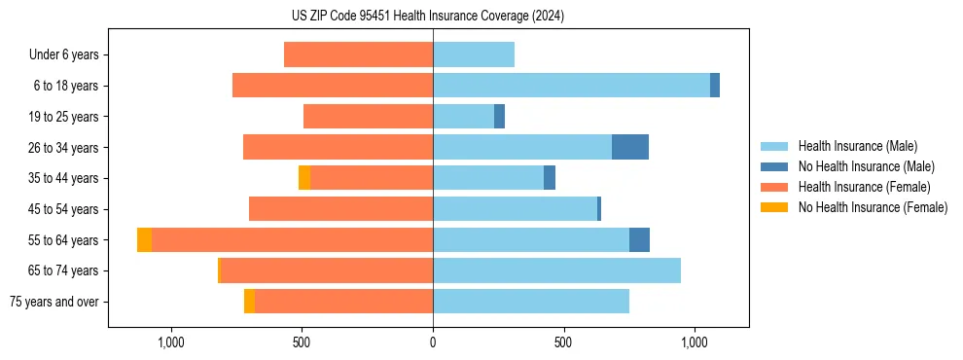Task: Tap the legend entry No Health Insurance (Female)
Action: (873, 207)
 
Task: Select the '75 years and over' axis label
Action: (54, 302)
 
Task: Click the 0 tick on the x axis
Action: (433, 343)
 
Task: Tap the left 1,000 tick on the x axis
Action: (170, 343)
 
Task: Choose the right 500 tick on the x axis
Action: (563, 343)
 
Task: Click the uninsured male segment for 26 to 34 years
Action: (630, 147)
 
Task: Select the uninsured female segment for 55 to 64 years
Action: (144, 239)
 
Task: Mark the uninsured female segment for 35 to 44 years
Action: (304, 178)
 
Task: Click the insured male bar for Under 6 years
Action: (474, 54)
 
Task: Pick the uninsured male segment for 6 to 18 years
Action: (715, 86)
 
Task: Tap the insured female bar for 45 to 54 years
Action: (340, 209)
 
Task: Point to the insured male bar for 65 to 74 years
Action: (556, 270)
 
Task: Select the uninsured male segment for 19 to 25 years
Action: (499, 117)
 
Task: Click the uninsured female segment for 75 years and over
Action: (249, 302)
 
